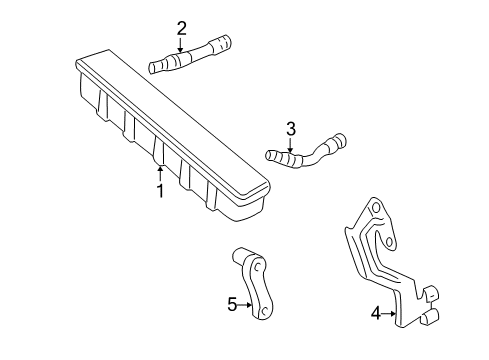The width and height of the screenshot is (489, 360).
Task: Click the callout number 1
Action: point(158,189)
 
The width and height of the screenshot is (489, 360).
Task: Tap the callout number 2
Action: point(181,27)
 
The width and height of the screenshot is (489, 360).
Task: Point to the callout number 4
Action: point(375,313)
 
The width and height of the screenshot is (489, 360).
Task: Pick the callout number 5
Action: point(232,304)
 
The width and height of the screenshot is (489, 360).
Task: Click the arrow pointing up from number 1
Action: point(158,172)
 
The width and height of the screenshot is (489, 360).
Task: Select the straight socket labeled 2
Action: point(189,58)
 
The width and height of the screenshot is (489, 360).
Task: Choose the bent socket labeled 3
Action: point(305,153)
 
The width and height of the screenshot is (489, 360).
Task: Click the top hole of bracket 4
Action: point(376,236)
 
